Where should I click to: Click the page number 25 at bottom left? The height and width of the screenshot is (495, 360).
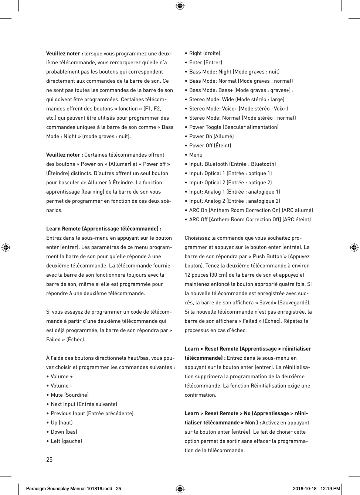click(49, 460)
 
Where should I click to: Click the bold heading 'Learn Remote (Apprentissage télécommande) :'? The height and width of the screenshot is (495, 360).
click(103, 229)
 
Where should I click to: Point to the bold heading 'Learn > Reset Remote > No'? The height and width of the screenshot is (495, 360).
click(246, 413)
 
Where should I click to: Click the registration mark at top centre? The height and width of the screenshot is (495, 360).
click(180, 6)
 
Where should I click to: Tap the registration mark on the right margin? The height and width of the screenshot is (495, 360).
click(354, 247)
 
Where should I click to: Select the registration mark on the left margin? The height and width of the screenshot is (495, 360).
click(6, 247)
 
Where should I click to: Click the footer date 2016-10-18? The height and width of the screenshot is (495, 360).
click(305, 488)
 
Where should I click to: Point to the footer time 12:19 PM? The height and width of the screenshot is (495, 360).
click(330, 488)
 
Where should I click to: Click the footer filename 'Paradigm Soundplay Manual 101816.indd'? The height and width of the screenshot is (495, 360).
click(69, 488)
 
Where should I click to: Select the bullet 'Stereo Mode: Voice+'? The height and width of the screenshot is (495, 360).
click(238, 109)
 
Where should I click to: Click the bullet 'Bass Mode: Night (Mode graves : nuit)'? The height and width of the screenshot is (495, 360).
click(234, 72)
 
